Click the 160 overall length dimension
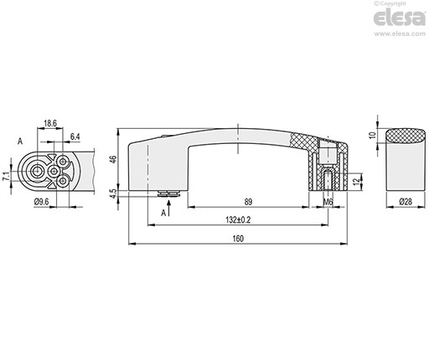238,239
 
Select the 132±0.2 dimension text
238,220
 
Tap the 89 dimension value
248,202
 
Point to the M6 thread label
328,202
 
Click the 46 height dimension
113,159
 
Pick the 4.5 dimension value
113,193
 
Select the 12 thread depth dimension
356,182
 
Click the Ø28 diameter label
406,202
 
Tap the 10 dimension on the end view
373,136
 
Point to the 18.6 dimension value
50,123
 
